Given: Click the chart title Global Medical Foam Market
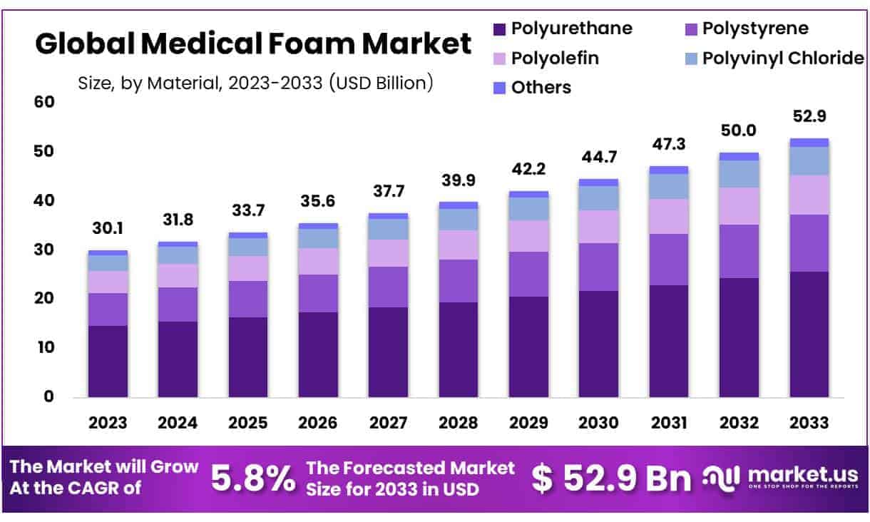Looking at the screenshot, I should click(x=253, y=44).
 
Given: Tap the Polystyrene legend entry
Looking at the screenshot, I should click(x=745, y=29).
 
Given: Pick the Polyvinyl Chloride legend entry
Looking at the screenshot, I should click(x=773, y=58).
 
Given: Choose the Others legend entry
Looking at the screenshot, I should click(x=531, y=87).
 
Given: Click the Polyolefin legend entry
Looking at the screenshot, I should click(x=545, y=58).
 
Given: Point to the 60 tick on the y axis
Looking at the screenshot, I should click(x=44, y=102).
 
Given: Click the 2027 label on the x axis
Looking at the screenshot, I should click(x=388, y=422).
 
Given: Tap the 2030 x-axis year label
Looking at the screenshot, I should click(x=598, y=422).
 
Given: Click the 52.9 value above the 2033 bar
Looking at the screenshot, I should click(x=809, y=116).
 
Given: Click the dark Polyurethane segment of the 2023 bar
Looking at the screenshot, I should click(x=108, y=361).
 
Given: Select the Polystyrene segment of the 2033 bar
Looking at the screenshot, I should click(x=809, y=243).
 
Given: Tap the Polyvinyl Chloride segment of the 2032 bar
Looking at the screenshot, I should click(x=739, y=174).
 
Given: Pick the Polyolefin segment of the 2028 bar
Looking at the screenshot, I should click(x=459, y=245).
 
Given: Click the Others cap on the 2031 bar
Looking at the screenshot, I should click(x=668, y=170).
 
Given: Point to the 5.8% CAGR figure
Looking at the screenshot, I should click(x=253, y=479).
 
